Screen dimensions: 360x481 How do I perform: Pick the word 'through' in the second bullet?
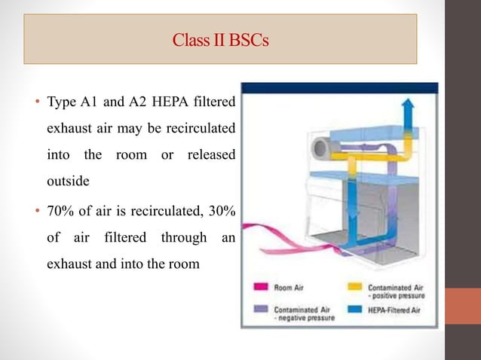(x=183, y=239)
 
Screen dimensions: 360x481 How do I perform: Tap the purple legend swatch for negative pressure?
(x=259, y=309)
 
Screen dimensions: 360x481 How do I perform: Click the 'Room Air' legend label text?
(x=289, y=287)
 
